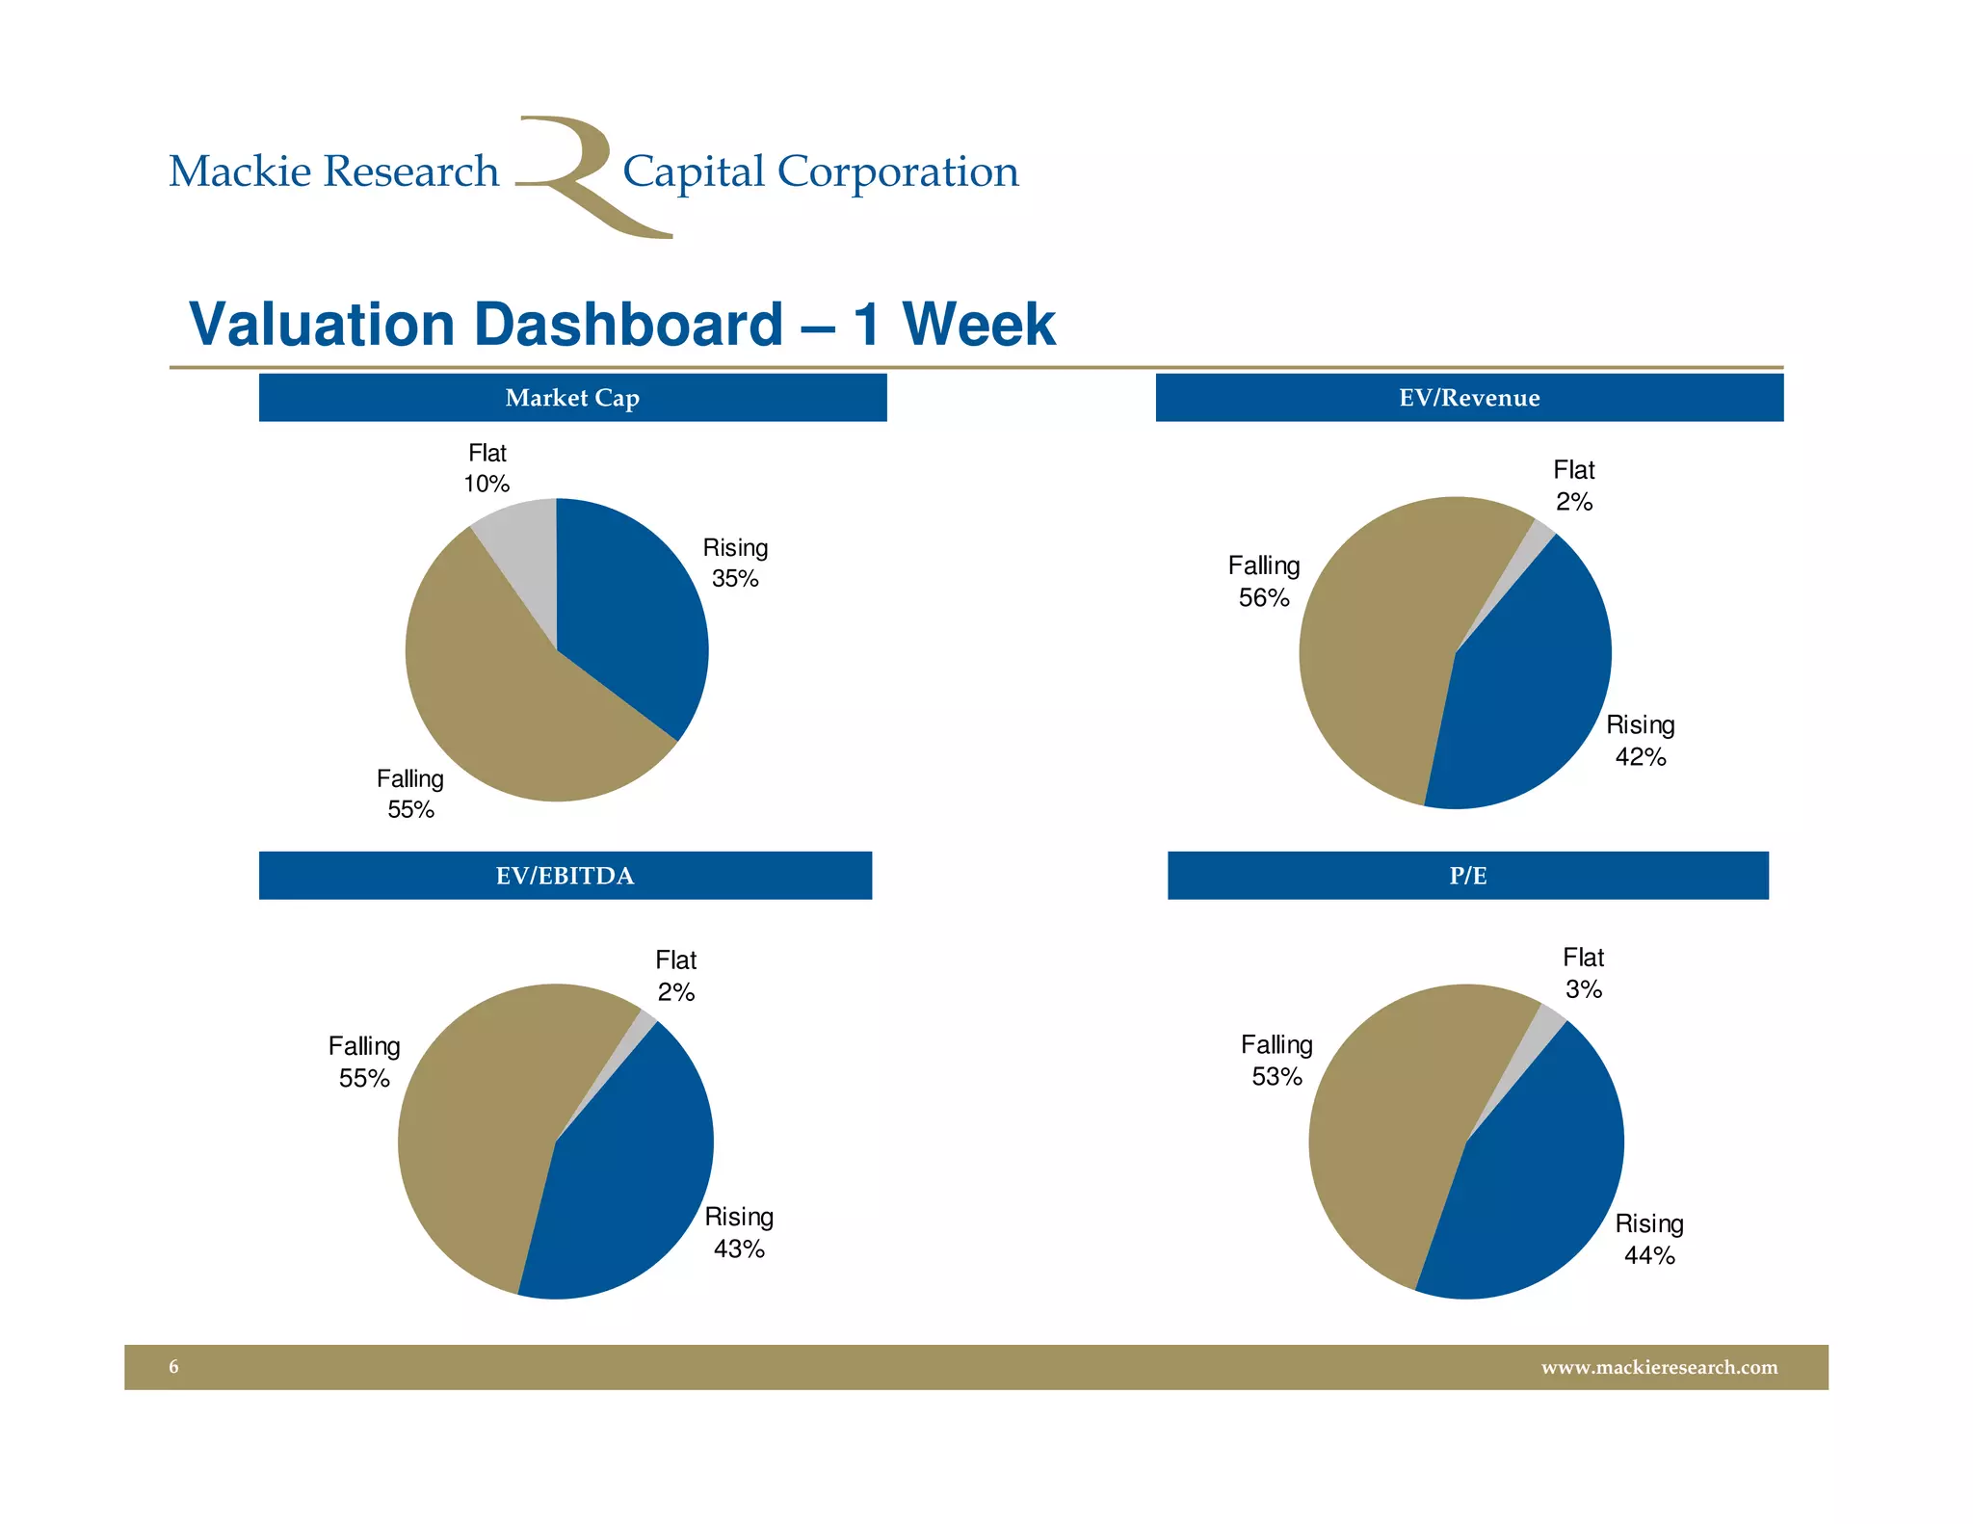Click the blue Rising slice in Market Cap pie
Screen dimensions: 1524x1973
[x=636, y=617]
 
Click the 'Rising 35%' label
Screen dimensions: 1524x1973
[x=735, y=563]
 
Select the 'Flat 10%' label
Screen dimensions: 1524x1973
[x=487, y=468]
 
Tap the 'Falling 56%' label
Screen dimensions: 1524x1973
[x=1264, y=581]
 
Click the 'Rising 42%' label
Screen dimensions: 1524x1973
[x=1640, y=740]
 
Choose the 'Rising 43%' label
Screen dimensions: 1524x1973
[x=739, y=1232]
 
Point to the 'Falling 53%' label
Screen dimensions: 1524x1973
[x=1276, y=1060]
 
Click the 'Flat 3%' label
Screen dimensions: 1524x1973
[x=1583, y=973]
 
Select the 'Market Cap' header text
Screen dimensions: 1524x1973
[x=572, y=398]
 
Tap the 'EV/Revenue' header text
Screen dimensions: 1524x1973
[x=1469, y=398]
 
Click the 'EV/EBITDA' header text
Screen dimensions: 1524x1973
[x=565, y=876]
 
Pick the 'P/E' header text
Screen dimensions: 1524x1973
[x=1467, y=876]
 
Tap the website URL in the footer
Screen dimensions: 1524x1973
[x=1659, y=1367]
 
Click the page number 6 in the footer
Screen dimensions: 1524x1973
[x=173, y=1367]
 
